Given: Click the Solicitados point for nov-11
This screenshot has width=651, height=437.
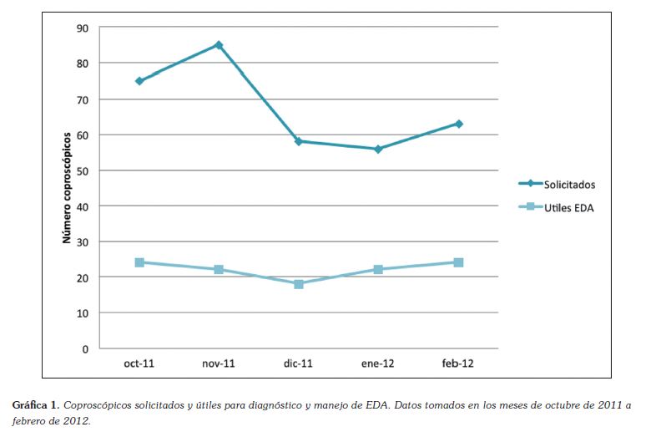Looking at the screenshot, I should click(219, 45).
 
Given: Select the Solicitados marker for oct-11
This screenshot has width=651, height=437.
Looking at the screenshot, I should click(139, 81).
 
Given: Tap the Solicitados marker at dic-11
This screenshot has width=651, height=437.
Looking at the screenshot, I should click(298, 141).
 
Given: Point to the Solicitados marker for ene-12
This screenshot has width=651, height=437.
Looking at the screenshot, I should click(378, 149).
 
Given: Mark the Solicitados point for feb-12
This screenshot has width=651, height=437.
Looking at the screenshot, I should click(458, 124).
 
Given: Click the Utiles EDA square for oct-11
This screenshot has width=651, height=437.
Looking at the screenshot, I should click(139, 262).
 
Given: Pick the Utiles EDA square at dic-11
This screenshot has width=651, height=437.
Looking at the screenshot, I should click(298, 284).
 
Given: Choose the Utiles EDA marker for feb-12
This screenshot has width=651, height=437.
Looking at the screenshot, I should click(458, 262).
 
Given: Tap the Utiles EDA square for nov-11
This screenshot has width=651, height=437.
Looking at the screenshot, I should click(219, 269).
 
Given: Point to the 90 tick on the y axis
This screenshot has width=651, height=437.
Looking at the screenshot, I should click(83, 28).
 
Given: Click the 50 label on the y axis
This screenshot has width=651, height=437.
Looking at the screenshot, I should click(83, 170).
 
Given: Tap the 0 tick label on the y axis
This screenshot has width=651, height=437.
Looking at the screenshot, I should click(85, 348).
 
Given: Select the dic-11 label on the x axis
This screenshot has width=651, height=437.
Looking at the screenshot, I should click(298, 364).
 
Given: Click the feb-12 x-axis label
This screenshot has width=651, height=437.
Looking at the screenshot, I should click(458, 364).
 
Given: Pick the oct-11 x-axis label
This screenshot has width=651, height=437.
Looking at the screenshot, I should click(139, 364).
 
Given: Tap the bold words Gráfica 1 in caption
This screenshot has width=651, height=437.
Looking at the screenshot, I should click(35, 405).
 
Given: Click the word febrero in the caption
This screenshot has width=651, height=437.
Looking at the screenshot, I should click(31, 420).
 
